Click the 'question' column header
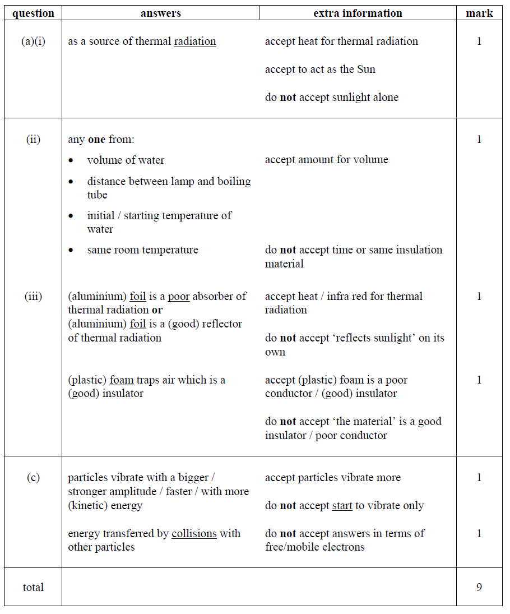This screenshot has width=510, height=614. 33,13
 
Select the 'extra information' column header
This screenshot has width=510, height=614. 358,13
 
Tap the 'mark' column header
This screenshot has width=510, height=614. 479,13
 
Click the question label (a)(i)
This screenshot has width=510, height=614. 33,41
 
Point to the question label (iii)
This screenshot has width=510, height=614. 33,297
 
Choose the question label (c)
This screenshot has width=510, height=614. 33,478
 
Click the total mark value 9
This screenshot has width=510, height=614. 479,587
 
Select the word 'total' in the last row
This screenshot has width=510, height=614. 33,587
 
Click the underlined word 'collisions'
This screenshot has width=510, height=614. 194,533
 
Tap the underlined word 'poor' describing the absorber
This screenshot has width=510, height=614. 178,296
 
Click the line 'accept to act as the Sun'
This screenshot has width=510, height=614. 320,70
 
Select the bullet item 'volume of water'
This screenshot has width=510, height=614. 126,160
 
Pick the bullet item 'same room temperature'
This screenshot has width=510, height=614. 142,250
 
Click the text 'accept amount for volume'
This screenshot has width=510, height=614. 326,160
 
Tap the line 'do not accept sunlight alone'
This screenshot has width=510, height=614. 331,98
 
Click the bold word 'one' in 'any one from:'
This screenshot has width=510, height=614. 97,140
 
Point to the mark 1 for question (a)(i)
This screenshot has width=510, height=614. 479,41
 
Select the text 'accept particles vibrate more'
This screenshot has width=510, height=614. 332,478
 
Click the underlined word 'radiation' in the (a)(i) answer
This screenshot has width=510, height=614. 194,41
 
